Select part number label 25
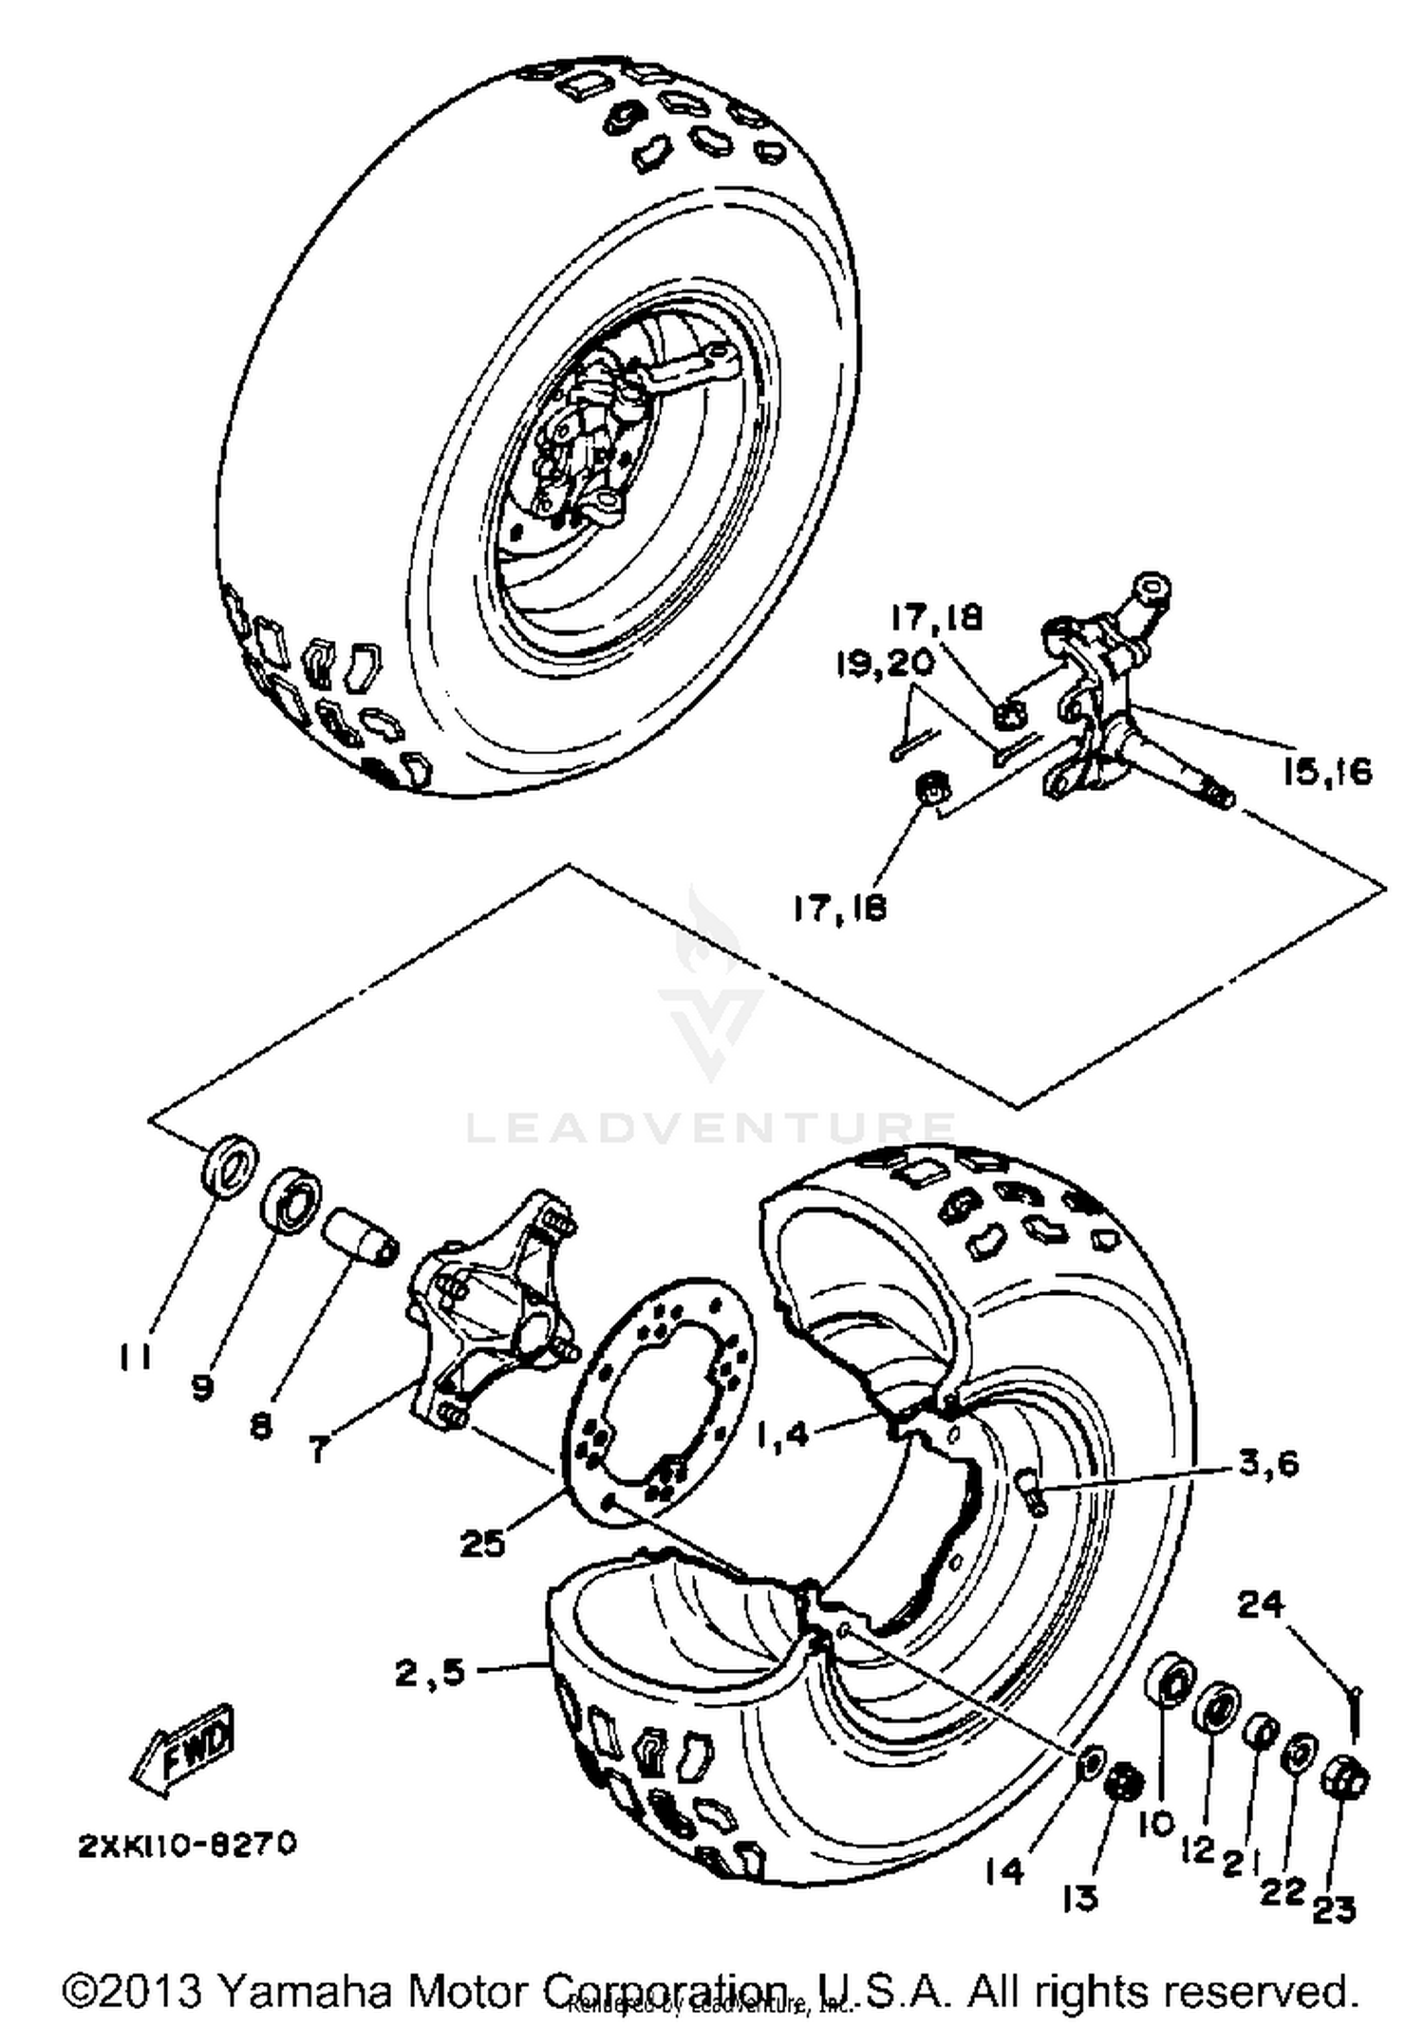pos(482,1545)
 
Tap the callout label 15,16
pos(1327,771)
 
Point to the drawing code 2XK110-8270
pos(187,1844)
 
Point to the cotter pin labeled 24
pos(1355,1709)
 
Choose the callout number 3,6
pos(1267,1463)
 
